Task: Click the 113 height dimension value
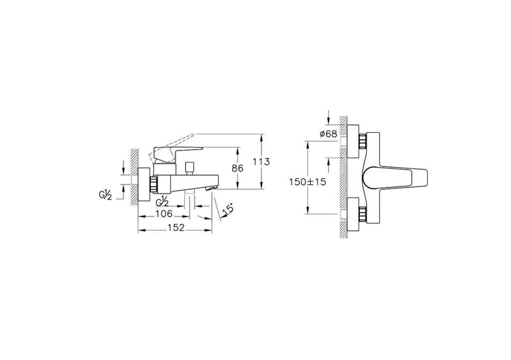pyautogui.click(x=261, y=162)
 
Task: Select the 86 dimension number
pyautogui.click(x=237, y=168)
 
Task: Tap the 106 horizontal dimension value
pyautogui.click(x=164, y=214)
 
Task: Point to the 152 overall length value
pyautogui.click(x=176, y=227)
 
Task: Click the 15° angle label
pyautogui.click(x=228, y=209)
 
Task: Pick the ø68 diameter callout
pyautogui.click(x=328, y=134)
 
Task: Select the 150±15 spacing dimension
pyautogui.click(x=307, y=181)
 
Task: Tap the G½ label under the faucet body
pyautogui.click(x=162, y=201)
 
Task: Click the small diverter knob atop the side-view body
pyautogui.click(x=189, y=169)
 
